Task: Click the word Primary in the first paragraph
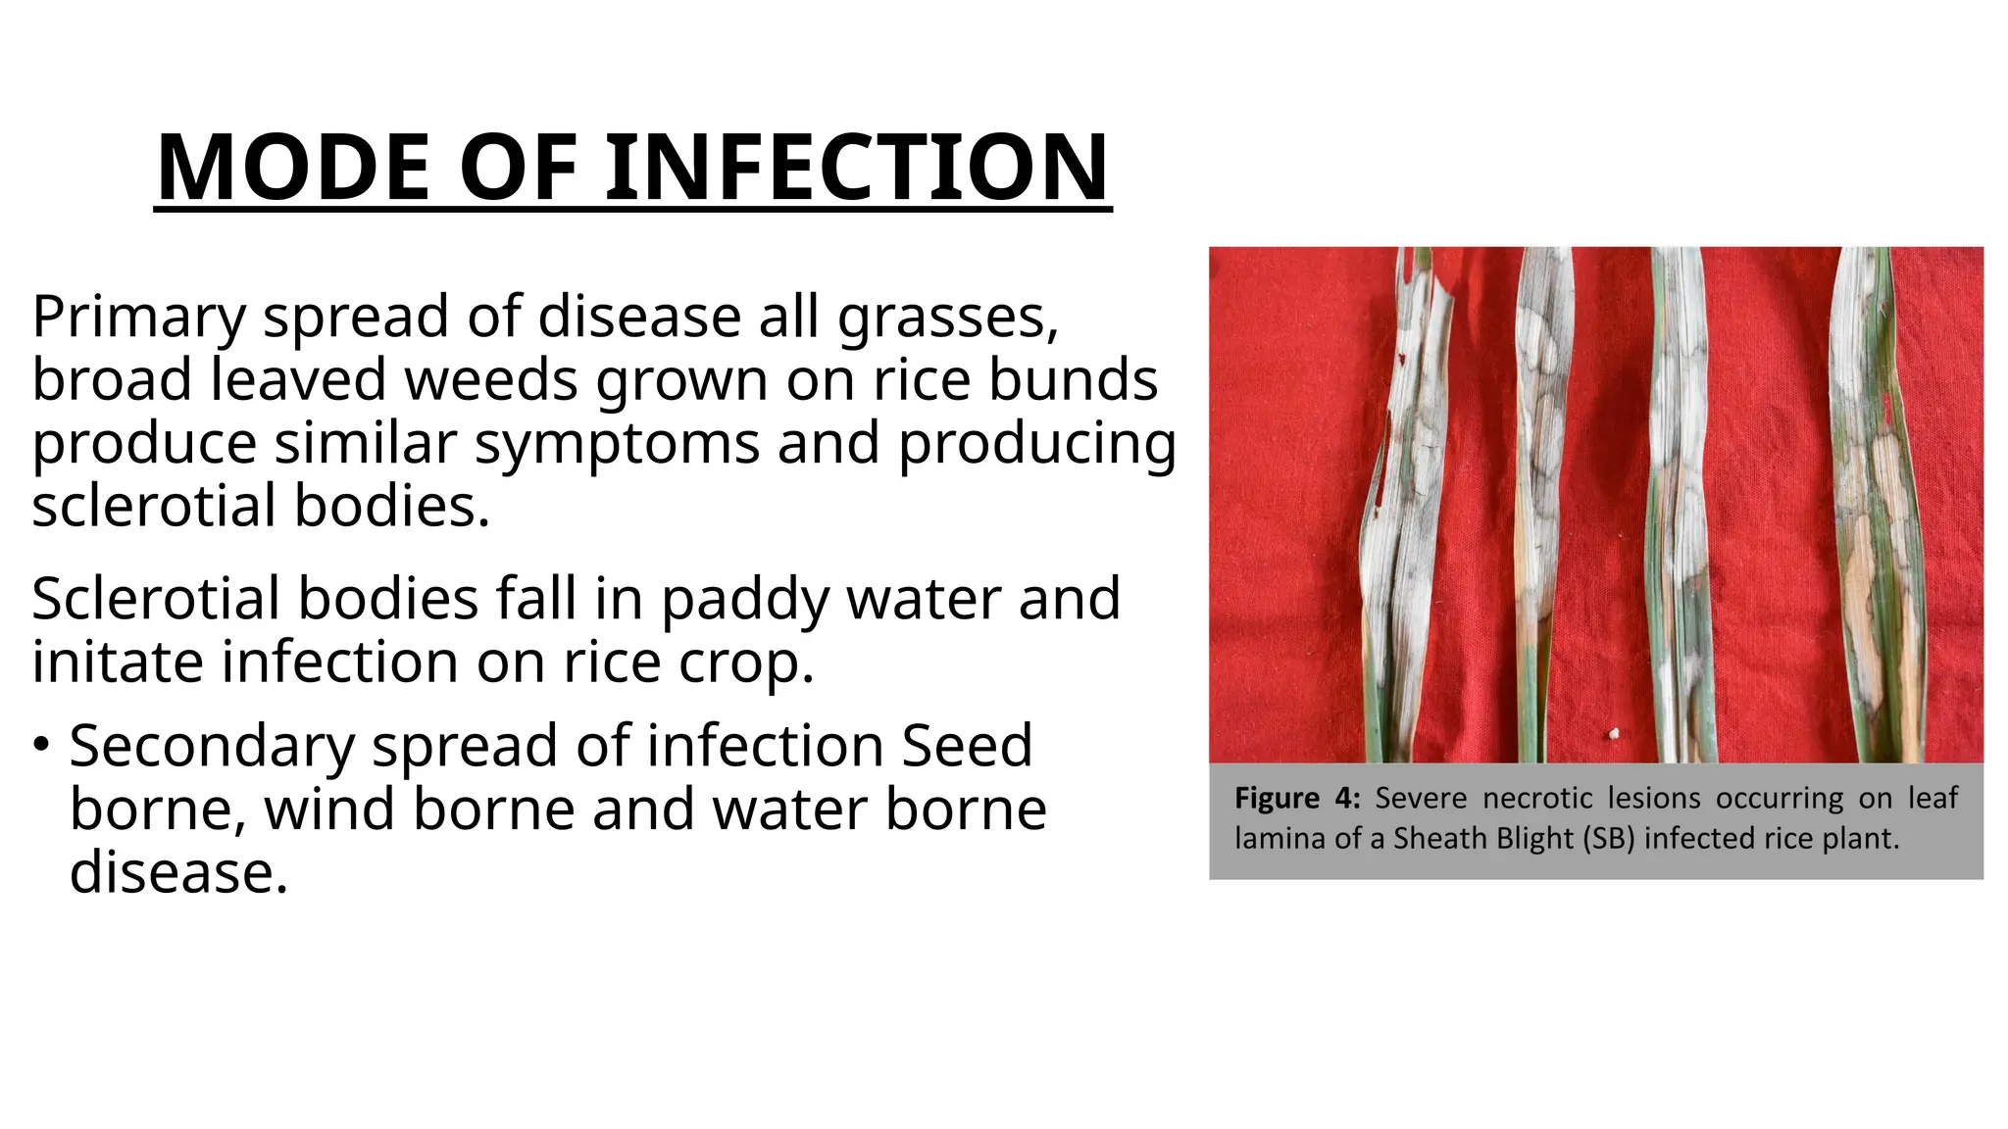138,318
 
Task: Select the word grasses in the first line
947,318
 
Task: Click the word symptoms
618,443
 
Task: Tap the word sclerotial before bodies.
154,507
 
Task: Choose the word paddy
745,599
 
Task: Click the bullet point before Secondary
40,746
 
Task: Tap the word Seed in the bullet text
967,746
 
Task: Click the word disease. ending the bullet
178,872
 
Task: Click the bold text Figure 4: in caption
1296,798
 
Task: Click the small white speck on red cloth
1613,733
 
